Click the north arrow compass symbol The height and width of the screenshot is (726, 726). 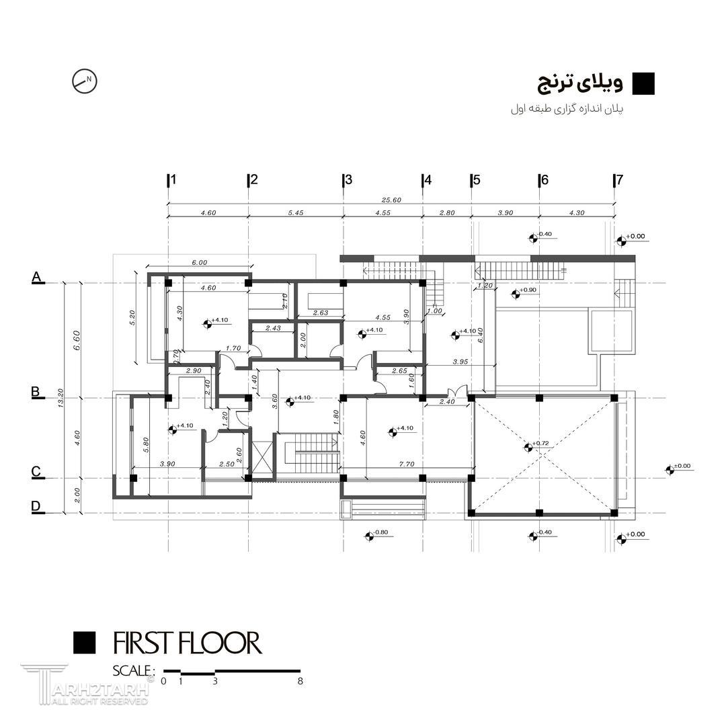(85, 81)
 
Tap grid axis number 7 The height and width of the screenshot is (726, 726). (619, 180)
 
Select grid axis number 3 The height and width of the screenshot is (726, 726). (348, 180)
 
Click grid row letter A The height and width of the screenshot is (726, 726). (37, 277)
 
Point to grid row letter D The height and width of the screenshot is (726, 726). (36, 506)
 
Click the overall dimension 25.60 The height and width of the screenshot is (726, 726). (391, 200)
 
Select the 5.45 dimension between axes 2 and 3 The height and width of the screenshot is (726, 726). (295, 212)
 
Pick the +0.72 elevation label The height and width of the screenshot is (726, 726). (540, 444)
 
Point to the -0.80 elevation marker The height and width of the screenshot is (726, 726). (380, 533)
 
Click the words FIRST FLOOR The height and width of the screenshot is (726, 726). (187, 643)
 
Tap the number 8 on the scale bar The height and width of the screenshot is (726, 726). (300, 681)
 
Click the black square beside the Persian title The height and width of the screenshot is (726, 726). (643, 83)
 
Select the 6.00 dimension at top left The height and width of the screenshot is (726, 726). (200, 263)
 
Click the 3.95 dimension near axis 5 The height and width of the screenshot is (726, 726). (460, 362)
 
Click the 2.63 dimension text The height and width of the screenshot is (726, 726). (321, 312)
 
